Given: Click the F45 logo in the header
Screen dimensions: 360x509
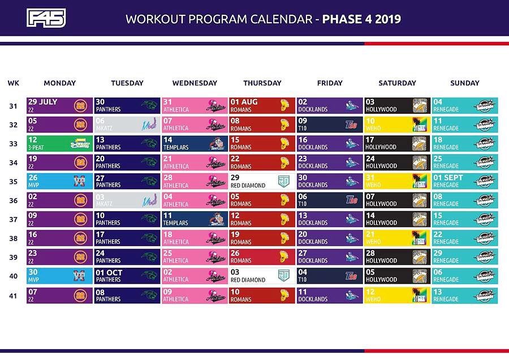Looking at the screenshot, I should point(46,18).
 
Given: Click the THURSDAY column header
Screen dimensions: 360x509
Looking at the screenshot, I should point(262,83).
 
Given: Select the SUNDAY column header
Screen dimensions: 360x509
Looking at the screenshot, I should point(464,83).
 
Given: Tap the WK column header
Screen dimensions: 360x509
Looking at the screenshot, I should point(13,83).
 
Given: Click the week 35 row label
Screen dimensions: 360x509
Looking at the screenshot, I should point(13,181).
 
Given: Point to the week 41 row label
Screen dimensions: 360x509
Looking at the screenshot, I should point(13,295).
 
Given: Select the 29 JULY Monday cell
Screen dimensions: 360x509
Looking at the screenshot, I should point(59,105).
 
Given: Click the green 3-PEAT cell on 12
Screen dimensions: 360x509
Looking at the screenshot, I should point(59,143).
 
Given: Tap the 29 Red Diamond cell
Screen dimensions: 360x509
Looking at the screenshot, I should point(262,181).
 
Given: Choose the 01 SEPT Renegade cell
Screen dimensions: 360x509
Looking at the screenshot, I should point(464,181).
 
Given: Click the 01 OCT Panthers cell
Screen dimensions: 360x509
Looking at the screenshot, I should point(127,276).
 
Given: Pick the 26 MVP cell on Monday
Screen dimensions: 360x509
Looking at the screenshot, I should point(59,181).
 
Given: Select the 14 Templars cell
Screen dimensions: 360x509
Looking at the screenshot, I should point(194,143).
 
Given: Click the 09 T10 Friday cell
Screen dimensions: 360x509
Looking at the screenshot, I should point(329,125).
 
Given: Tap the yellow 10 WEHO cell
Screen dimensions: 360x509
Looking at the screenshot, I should point(397,125).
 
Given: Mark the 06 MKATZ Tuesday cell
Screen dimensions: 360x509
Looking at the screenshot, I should point(127,125).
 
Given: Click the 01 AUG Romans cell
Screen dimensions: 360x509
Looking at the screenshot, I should point(262,105).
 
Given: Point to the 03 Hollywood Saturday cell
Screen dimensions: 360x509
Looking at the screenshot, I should point(397,105).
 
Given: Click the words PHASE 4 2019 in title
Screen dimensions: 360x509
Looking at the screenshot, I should point(361,19).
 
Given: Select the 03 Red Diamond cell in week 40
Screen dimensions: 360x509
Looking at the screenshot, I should point(262,276).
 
